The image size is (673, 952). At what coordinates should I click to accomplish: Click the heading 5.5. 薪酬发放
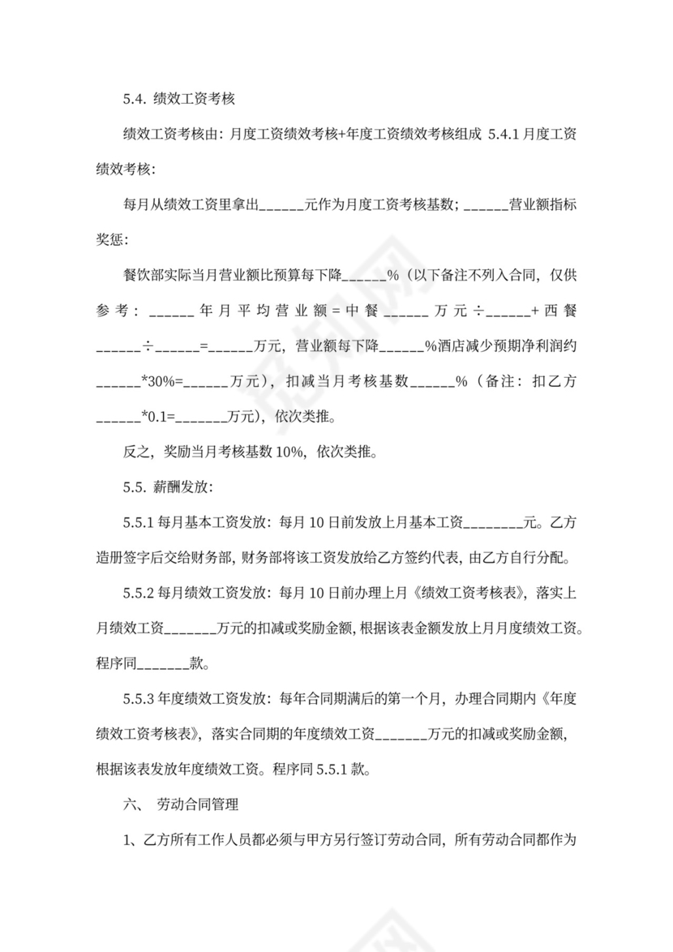click(168, 488)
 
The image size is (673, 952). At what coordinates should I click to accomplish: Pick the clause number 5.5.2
click(139, 593)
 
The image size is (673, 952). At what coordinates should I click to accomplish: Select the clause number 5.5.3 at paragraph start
click(139, 697)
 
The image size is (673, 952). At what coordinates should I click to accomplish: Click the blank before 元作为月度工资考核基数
click(280, 205)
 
